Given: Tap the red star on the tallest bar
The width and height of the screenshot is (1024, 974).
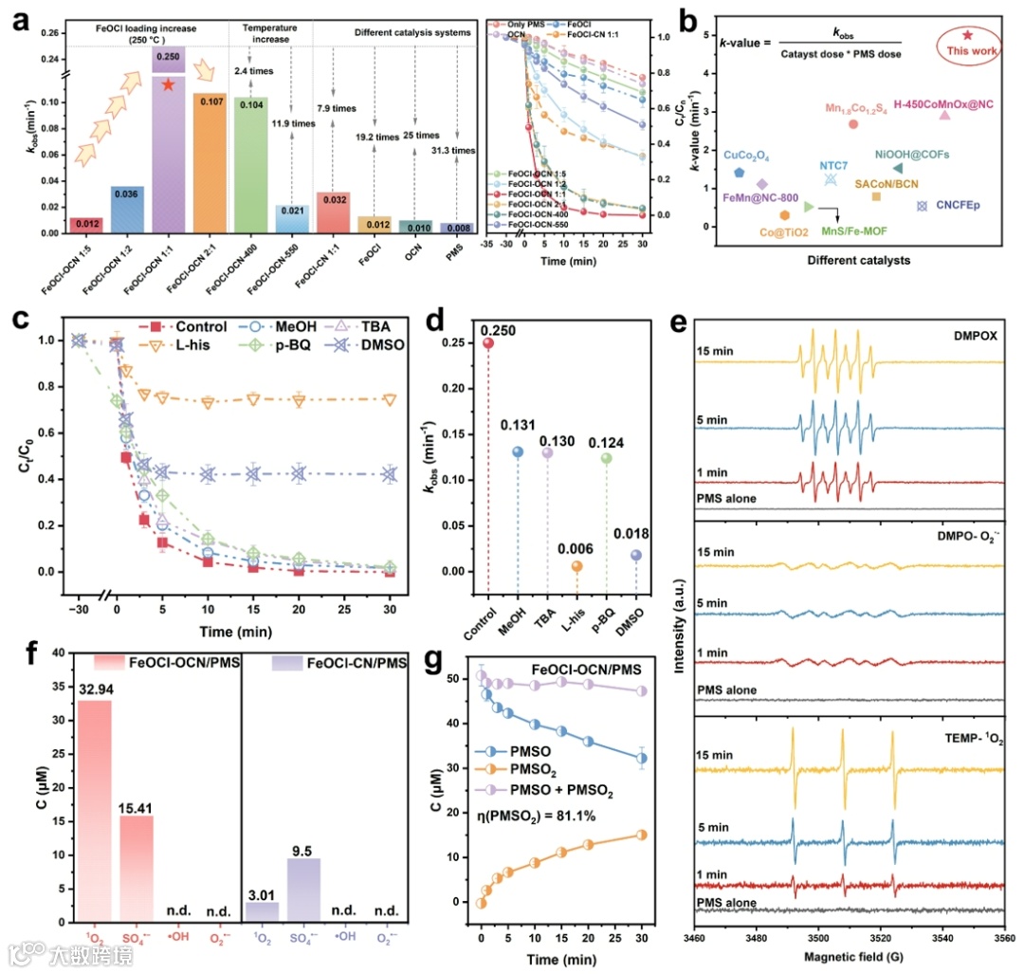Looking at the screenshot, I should click(168, 85).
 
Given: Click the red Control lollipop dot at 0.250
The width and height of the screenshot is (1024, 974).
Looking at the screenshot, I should click(487, 343).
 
